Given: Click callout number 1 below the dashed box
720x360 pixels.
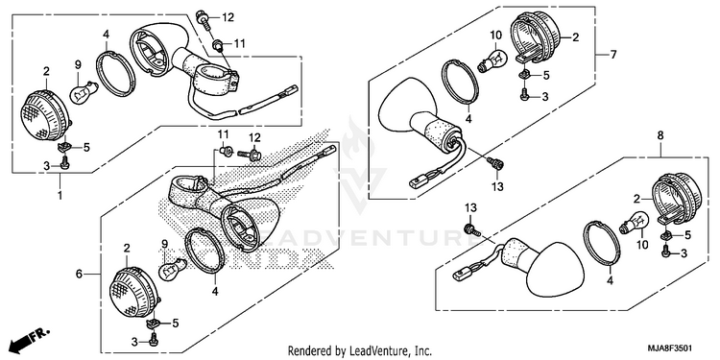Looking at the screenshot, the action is [x=60, y=194].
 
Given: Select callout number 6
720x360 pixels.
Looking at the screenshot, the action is [x=79, y=275].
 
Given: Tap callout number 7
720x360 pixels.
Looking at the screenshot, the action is [x=613, y=55].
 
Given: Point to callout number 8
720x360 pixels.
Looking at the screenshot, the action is [x=660, y=135].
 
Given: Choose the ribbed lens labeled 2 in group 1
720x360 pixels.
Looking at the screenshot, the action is [x=47, y=115].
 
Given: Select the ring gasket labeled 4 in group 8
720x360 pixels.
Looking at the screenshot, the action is [x=602, y=243].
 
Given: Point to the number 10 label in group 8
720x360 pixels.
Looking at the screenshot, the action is [x=642, y=245].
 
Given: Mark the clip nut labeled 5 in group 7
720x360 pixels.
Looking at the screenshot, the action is [x=522, y=75].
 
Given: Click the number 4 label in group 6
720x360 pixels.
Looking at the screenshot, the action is [x=214, y=291].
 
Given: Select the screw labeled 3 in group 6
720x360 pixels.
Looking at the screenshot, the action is [x=152, y=339].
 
